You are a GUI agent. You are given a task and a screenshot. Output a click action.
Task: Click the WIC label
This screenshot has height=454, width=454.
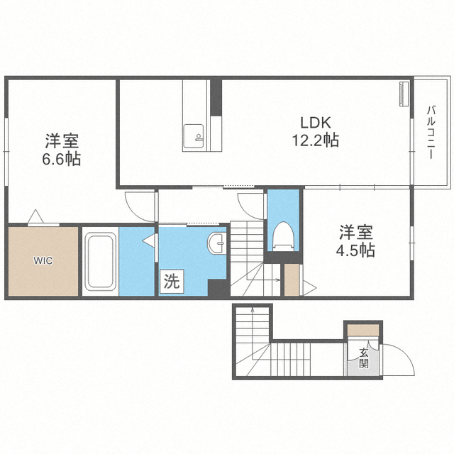click(42, 260)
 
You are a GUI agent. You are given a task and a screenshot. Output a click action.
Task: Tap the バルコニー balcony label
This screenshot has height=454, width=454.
click(431, 133)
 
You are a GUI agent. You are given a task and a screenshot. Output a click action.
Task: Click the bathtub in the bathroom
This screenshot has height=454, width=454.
click(100, 262)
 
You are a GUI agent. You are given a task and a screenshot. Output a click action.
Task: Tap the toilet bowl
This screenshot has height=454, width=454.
click(283, 235)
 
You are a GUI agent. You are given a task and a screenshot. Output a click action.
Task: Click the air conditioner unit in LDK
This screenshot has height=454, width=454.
click(404, 94)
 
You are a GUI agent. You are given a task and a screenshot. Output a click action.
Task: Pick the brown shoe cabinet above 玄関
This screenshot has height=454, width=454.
click(363, 330)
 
